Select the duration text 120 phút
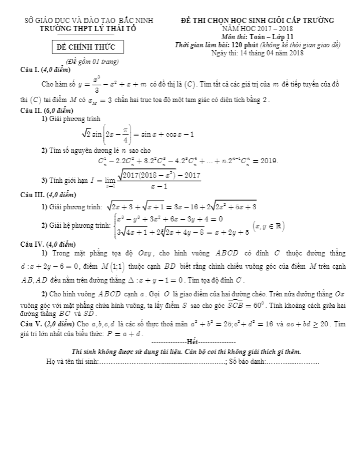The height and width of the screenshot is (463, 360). (x=246, y=45)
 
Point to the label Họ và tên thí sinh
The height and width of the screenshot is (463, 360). (x=72, y=361)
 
